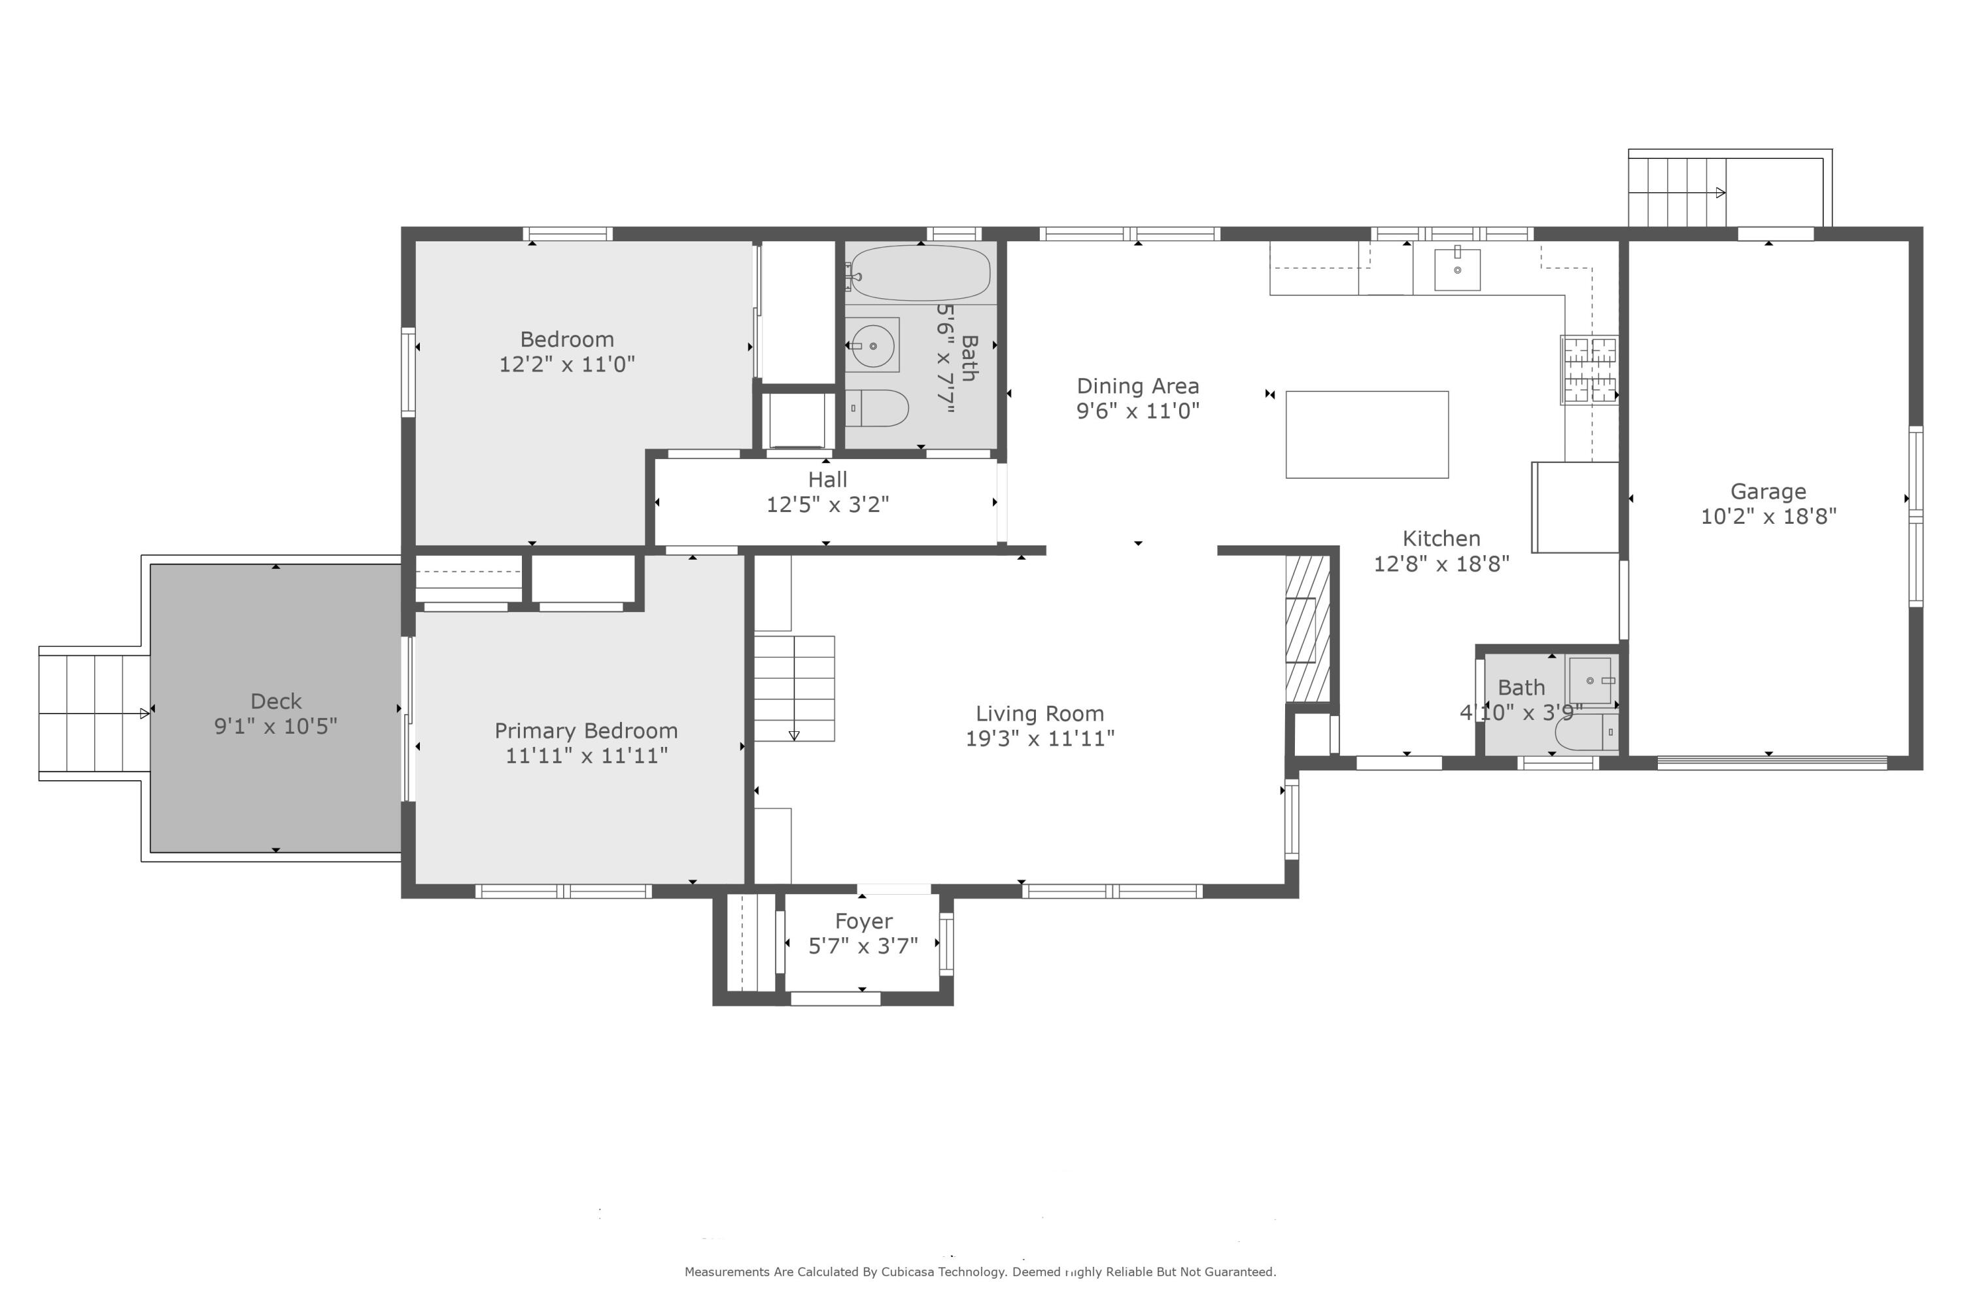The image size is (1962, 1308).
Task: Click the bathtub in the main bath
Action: (920, 273)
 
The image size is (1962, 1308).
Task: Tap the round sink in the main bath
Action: (872, 345)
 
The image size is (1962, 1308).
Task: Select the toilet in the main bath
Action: (881, 409)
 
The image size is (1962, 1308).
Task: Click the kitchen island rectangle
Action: (1366, 435)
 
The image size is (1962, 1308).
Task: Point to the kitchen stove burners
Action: (1589, 370)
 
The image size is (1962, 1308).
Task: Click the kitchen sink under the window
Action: (1456, 269)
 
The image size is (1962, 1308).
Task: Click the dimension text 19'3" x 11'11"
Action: (1039, 739)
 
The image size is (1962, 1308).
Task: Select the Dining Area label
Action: (1137, 387)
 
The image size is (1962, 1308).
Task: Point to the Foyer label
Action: (863, 921)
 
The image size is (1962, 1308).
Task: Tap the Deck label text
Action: (276, 702)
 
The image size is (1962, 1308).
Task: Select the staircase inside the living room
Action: (794, 688)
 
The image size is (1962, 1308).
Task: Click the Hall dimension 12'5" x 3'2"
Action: (827, 505)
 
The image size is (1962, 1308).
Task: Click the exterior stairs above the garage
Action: (1677, 193)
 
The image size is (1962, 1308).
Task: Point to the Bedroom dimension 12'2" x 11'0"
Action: (566, 364)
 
